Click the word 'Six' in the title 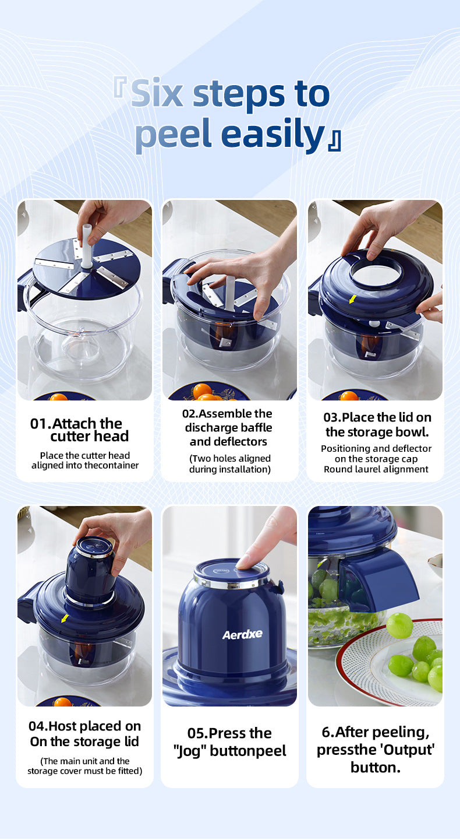click(157, 93)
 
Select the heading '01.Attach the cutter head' click(80, 430)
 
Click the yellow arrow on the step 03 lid click(352, 299)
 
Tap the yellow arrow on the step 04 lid click(64, 618)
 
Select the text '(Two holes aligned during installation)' click(229, 464)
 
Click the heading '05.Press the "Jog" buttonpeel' click(229, 742)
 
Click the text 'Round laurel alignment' click(376, 469)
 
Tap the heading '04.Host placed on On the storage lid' click(85, 734)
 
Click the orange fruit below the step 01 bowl click(59, 397)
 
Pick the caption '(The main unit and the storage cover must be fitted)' click(85, 766)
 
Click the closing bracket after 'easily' click(334, 140)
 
